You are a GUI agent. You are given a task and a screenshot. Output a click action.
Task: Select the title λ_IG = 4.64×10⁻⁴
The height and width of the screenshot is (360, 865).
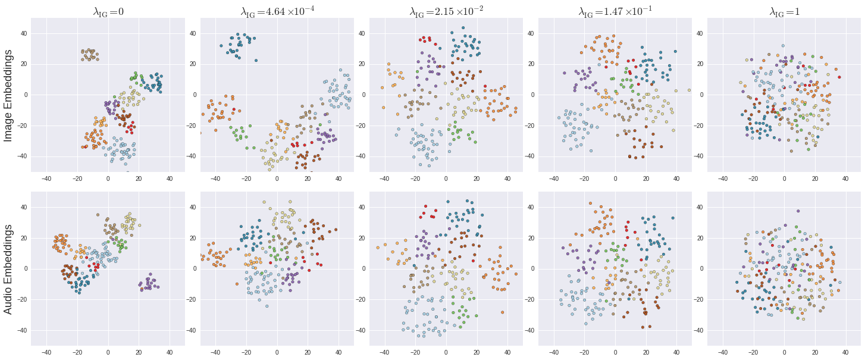(x=277, y=11)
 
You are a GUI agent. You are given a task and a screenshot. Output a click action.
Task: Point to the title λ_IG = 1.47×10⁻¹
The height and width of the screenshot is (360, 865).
(x=615, y=11)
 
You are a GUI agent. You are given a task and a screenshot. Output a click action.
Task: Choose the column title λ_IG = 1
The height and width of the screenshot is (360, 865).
(x=784, y=11)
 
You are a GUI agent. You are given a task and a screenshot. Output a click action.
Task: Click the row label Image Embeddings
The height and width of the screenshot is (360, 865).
(x=9, y=95)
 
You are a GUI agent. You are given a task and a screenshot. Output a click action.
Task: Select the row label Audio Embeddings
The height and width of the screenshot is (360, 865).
(x=9, y=269)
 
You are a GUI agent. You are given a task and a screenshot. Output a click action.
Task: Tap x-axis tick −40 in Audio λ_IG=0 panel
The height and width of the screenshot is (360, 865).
(x=46, y=352)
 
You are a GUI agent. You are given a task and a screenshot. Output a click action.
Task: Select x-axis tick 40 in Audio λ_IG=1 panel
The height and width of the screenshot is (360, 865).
(x=846, y=352)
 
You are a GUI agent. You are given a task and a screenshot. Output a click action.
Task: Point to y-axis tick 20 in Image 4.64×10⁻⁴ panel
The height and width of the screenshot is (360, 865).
(x=193, y=64)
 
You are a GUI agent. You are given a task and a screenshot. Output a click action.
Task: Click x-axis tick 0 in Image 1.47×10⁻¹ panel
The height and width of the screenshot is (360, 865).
(x=615, y=178)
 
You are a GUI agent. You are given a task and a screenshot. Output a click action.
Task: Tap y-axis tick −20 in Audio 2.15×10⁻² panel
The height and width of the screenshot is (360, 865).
(x=361, y=299)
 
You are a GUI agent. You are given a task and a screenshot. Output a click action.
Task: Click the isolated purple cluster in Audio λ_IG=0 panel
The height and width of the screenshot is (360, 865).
(x=148, y=284)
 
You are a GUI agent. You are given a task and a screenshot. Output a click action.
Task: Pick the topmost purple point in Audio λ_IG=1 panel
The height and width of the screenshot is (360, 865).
(x=798, y=211)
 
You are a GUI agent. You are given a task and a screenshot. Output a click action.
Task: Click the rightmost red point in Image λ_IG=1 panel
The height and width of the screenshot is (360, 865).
(x=839, y=77)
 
